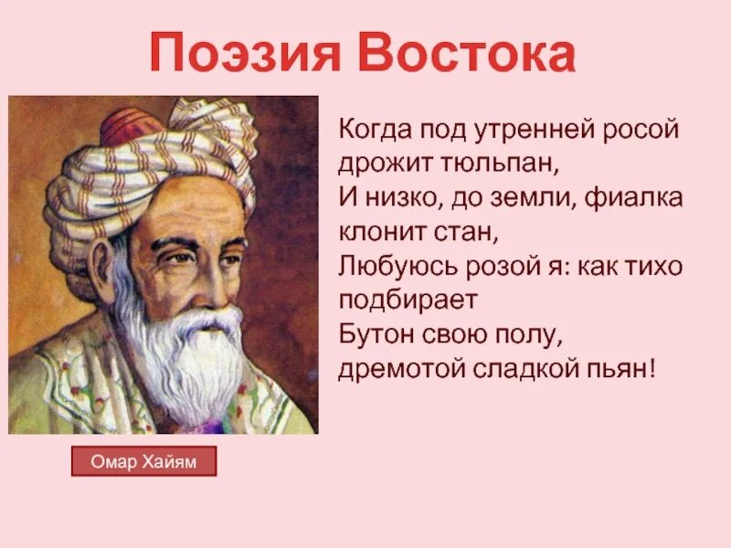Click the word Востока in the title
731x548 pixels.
pyautogui.click(x=467, y=54)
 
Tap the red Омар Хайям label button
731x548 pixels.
pyautogui.click(x=143, y=462)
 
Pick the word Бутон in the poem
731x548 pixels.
pyautogui.click(x=372, y=336)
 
